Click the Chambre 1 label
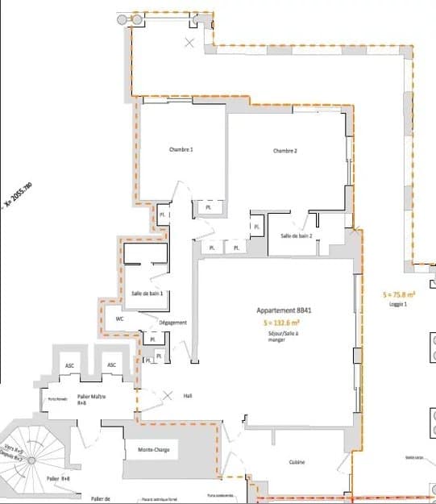(x=181, y=150)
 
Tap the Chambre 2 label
(x=285, y=151)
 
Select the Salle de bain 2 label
(x=296, y=235)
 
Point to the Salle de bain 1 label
(x=147, y=293)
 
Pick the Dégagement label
(x=172, y=323)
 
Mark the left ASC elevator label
(x=70, y=365)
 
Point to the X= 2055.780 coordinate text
(x=18, y=198)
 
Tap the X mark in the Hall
(x=168, y=395)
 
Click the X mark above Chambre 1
(x=190, y=42)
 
